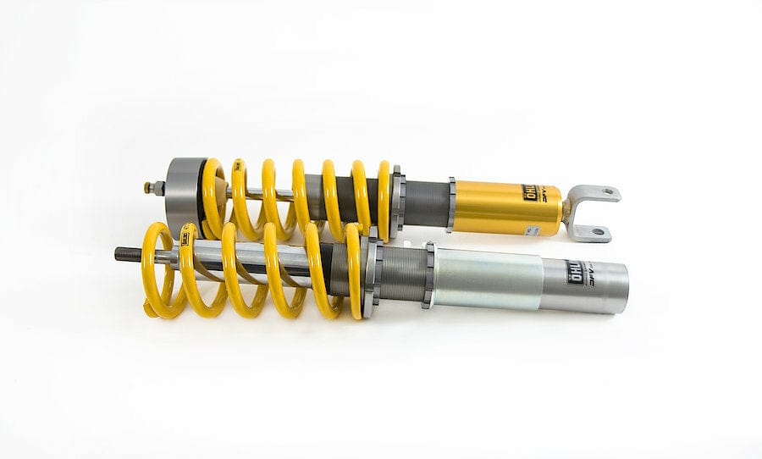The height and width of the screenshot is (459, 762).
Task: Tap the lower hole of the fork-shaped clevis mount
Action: [x=598, y=230]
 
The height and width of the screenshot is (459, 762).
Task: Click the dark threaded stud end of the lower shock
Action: [x=128, y=252]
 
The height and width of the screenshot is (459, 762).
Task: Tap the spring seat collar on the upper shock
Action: [x=397, y=202]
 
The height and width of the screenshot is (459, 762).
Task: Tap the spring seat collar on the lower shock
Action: [x=370, y=273]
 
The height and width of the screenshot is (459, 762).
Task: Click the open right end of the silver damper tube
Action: [x=625, y=288]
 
